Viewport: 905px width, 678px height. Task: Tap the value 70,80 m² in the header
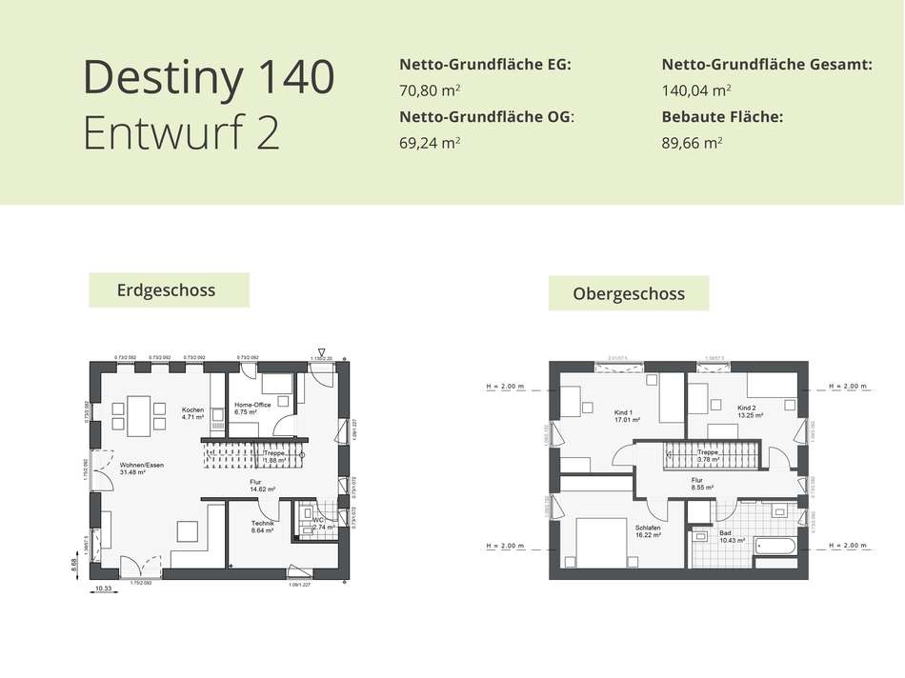(x=431, y=91)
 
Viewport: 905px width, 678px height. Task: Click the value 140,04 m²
(x=696, y=91)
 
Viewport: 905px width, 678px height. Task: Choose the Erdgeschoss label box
(x=169, y=289)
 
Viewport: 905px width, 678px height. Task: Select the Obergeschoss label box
(x=629, y=293)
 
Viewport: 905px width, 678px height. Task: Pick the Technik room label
(x=263, y=524)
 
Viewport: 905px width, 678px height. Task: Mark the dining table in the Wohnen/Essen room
(x=138, y=415)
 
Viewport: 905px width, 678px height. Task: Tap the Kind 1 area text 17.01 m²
(x=626, y=419)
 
